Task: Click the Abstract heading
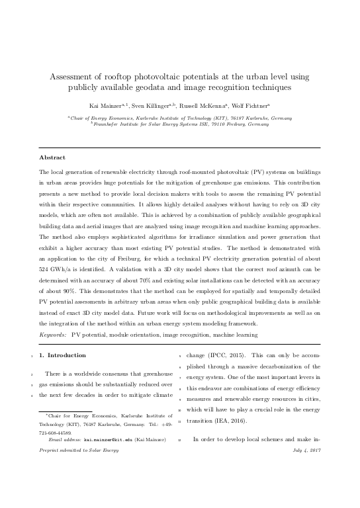(52, 157)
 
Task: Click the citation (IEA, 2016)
(228, 419)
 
